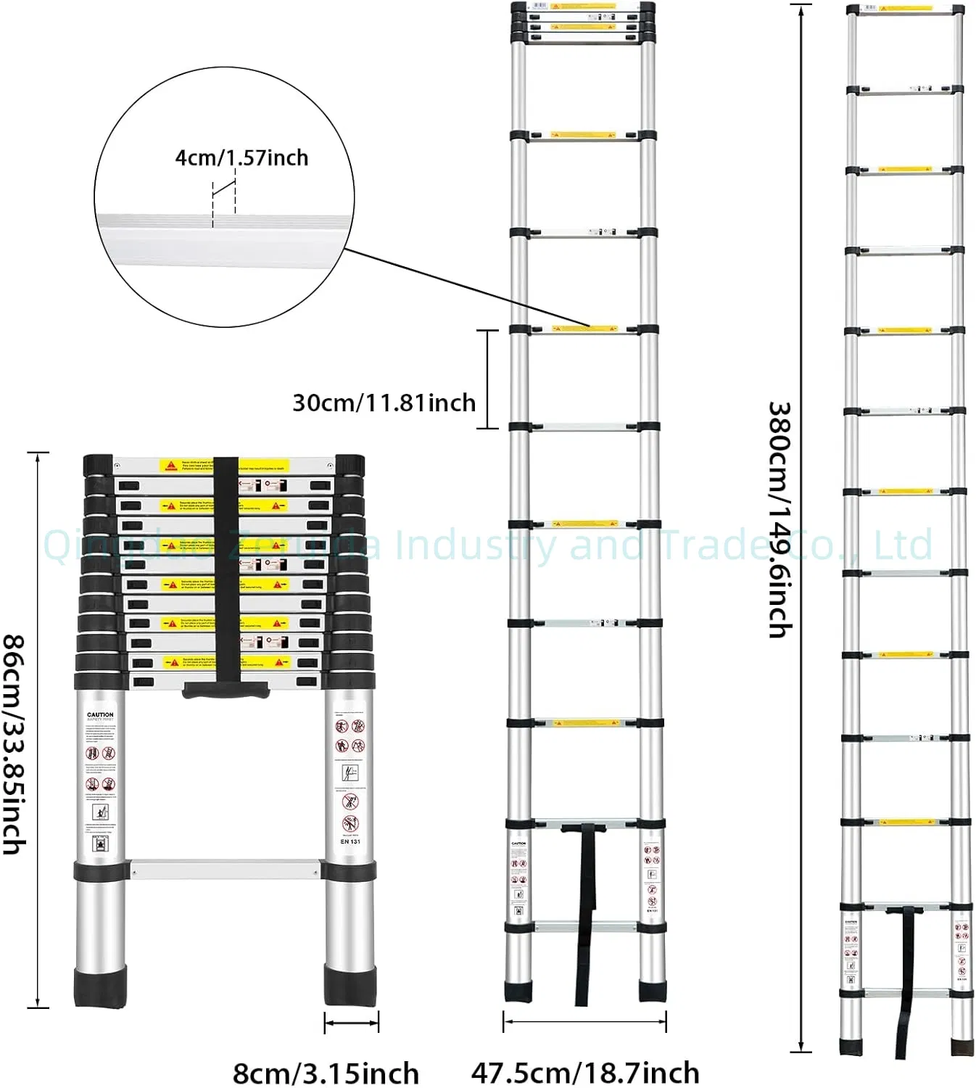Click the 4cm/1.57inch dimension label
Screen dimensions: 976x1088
[x=241, y=157]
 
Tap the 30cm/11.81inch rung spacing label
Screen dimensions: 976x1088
[x=384, y=403]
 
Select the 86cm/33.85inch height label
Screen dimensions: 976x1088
[x=15, y=744]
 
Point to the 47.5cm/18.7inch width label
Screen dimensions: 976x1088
[x=585, y=1072]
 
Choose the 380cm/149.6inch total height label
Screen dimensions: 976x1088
[x=779, y=519]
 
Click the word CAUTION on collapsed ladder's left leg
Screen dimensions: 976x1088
[x=100, y=714]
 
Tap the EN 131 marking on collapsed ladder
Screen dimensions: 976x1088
[x=350, y=841]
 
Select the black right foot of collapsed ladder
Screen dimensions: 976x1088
[x=350, y=986]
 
